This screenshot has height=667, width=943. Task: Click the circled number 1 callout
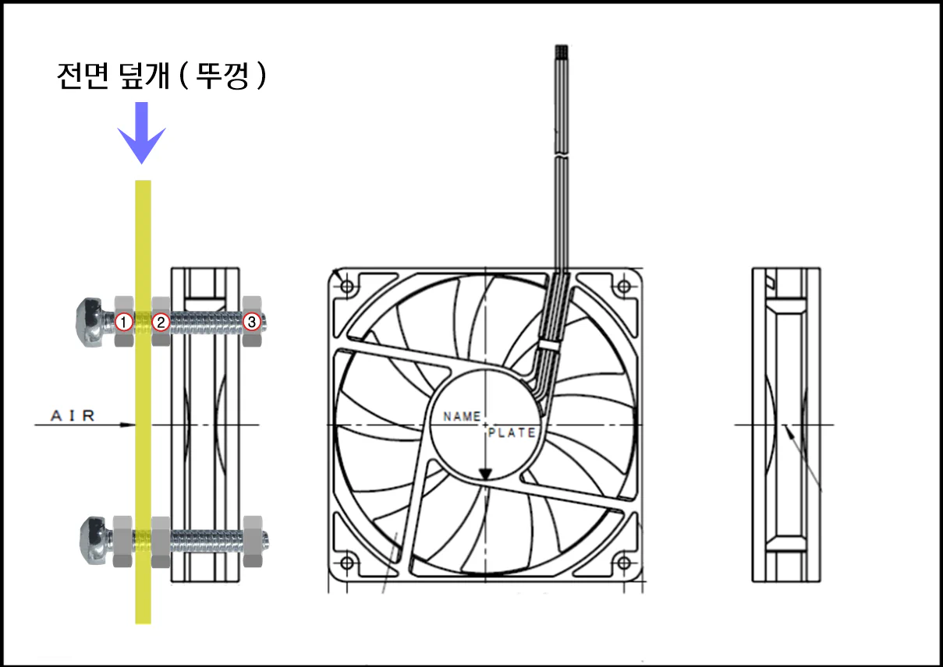[124, 322]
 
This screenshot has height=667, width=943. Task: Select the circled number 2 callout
[161, 322]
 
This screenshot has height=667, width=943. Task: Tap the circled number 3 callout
[252, 322]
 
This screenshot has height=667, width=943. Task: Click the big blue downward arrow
[141, 132]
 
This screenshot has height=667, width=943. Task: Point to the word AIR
[73, 416]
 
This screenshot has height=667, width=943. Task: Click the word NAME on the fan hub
[462, 416]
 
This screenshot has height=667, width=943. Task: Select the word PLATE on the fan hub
[512, 432]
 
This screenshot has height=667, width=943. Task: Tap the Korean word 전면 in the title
[83, 76]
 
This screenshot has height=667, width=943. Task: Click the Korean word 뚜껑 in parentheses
[222, 76]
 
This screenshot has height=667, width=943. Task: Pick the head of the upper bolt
[91, 322]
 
